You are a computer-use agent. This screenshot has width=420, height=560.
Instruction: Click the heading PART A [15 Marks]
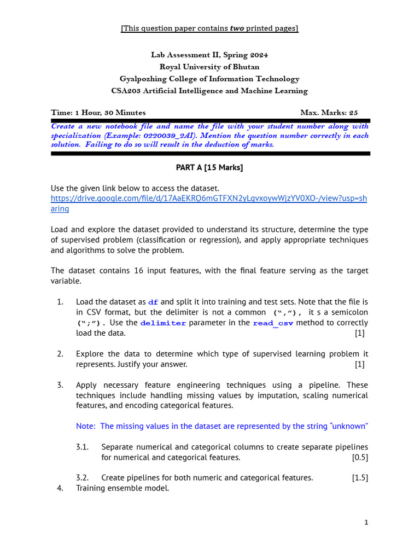(210, 168)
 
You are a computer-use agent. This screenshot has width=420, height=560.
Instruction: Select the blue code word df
(153, 302)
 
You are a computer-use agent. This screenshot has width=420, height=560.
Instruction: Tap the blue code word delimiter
(163, 323)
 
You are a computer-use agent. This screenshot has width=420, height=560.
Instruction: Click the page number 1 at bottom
(366, 522)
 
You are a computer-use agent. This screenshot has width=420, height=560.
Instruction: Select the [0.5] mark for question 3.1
(360, 457)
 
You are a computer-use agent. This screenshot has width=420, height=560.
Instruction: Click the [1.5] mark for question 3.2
(360, 477)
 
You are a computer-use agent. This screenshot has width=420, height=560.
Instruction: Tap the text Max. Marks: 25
(329, 113)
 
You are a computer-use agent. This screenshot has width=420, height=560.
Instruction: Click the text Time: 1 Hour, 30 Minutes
(98, 113)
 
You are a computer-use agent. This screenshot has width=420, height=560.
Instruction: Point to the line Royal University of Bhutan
(209, 67)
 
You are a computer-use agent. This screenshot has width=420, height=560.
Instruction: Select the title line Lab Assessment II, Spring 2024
(209, 55)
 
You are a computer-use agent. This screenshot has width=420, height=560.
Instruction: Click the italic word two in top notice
(236, 28)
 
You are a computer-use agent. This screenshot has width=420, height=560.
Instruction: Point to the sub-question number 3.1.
(83, 447)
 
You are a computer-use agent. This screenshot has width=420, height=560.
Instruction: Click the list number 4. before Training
(60, 488)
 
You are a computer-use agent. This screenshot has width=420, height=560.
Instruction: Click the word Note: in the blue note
(86, 426)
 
